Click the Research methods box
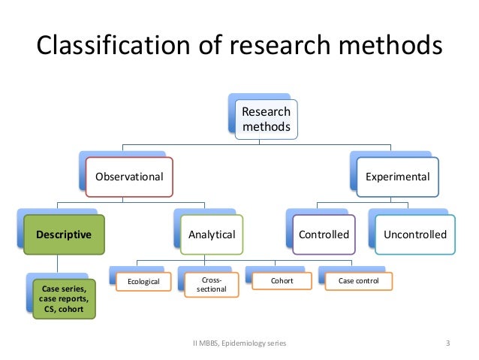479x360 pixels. [265, 119]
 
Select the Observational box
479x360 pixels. [128, 177]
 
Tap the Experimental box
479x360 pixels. [397, 177]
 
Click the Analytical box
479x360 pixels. [212, 234]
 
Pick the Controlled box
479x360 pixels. [324, 234]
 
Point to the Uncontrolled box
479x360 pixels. [414, 234]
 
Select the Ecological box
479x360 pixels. [143, 282]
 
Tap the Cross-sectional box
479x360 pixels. [212, 285]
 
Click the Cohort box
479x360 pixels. [282, 282]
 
